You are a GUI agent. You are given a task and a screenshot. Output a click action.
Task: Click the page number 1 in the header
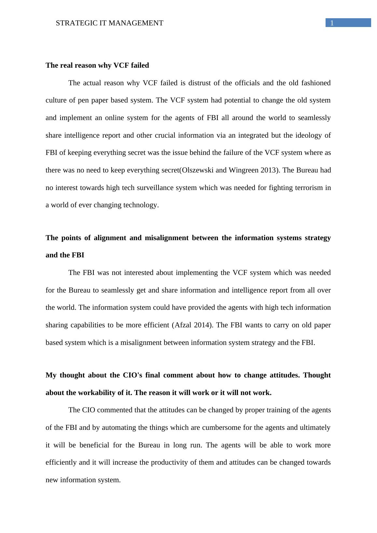(x=332, y=23)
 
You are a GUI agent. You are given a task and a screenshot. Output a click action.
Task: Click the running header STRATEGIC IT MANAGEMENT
(x=109, y=23)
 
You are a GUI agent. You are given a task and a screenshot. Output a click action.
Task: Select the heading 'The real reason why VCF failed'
(x=97, y=65)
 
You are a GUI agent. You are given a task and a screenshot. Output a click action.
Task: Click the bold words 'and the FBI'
(x=65, y=255)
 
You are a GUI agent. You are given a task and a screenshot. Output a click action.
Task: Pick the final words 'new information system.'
(x=83, y=480)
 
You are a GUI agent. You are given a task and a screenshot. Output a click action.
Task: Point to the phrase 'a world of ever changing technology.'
(x=102, y=205)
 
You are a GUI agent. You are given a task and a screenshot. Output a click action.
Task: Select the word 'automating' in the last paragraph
(x=118, y=428)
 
